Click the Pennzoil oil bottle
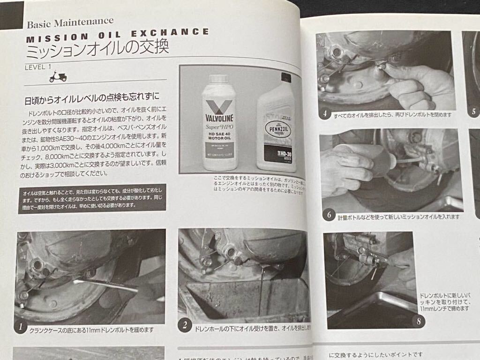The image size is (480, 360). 276,127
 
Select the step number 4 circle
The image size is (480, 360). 325,114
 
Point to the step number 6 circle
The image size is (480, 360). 329,215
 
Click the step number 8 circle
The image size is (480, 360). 418,321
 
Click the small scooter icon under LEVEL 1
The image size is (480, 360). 58,76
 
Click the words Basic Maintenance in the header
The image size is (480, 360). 70,22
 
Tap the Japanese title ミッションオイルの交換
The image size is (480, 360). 96,49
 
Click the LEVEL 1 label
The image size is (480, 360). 38,67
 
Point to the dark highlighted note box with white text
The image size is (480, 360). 92,199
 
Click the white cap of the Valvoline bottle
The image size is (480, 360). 218,79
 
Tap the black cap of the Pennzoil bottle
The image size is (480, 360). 283,77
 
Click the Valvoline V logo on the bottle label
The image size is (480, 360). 218,107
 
